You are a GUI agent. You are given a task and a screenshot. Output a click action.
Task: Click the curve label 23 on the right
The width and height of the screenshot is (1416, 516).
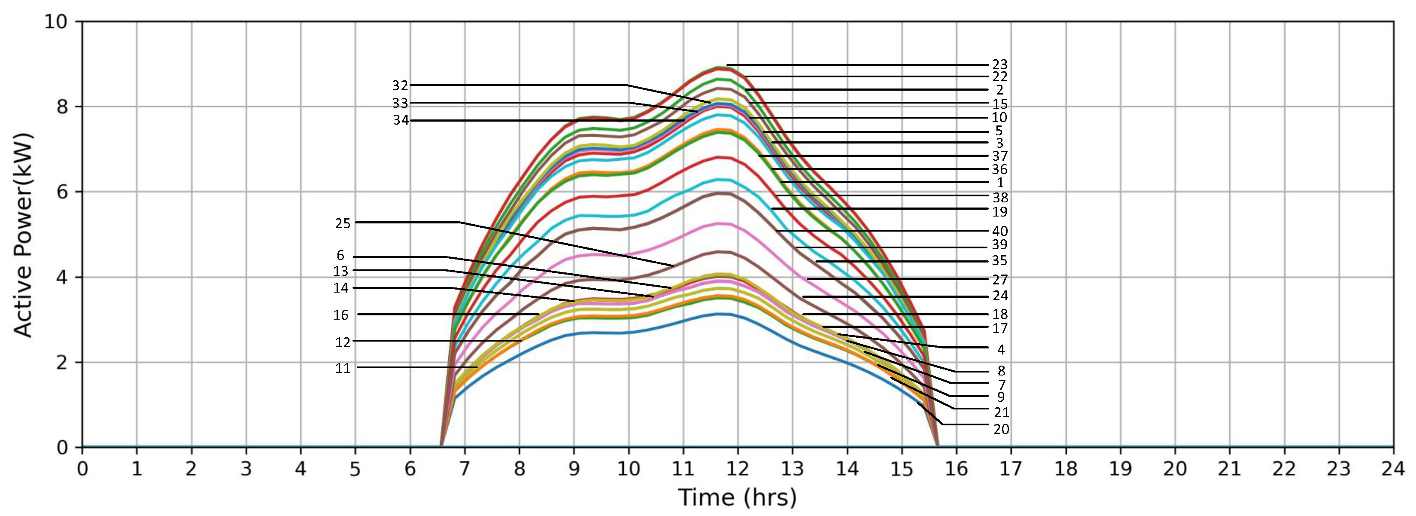coord(999,65)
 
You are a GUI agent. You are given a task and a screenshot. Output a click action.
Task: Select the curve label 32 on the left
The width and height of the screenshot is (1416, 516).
coord(400,85)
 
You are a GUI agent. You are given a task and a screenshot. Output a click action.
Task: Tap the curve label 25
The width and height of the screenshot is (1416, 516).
coord(343,223)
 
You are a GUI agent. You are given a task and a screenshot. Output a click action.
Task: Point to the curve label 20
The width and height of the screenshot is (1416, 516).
coord(1001,429)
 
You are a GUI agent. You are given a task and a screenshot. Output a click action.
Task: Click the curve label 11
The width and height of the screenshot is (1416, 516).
coord(343,368)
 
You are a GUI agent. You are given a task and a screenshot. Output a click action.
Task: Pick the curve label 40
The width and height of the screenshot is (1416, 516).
coord(999,231)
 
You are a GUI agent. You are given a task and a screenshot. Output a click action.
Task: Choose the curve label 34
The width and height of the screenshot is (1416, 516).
coord(401,120)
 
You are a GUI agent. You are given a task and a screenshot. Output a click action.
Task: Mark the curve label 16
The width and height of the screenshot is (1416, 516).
coord(340,315)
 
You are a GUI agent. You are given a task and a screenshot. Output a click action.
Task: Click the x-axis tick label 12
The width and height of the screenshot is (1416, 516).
coord(737,469)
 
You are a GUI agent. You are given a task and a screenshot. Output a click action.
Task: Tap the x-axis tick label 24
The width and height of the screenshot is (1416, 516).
coord(1393,469)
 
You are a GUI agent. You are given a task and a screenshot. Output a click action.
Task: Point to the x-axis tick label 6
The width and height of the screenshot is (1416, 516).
coord(410,469)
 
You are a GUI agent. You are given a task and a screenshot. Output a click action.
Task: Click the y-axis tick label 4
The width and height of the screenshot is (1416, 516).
coord(61,278)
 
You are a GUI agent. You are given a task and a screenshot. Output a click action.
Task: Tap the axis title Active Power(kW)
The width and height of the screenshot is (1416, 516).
coord(23,235)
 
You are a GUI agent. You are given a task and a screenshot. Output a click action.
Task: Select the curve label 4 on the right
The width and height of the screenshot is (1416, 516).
coord(1000,349)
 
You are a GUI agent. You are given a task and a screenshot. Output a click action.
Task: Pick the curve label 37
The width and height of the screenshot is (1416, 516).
coord(999,156)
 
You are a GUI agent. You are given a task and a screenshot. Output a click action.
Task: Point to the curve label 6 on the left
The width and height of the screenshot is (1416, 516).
coord(340,256)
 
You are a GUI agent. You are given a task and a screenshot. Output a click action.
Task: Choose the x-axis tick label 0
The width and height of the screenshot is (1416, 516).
coord(83,469)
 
